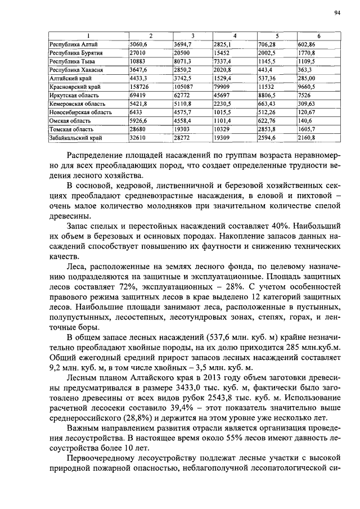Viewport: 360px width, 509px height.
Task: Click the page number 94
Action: (336, 12)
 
